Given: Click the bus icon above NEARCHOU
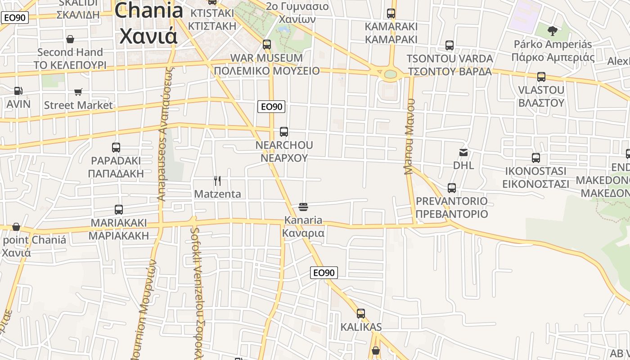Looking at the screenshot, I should tap(283, 132).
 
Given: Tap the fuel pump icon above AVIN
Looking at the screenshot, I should tap(18, 91).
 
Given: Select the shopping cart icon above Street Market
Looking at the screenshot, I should tap(78, 92).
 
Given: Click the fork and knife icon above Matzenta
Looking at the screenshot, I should tap(217, 181).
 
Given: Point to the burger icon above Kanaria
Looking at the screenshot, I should tap(303, 207).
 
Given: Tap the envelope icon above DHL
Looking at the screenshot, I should tap(463, 152).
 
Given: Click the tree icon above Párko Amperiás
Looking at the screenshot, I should tap(552, 31).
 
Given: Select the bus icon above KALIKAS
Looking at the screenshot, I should tap(361, 314).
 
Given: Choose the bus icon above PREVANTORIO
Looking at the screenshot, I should tap(452, 188).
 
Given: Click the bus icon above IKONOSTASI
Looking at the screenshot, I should tap(535, 158).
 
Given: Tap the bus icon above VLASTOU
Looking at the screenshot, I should tap(541, 77).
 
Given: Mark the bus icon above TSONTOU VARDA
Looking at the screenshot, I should tap(449, 45).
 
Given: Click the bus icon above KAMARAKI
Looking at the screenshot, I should tap(391, 13).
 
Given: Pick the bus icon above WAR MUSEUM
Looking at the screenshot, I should tap(267, 45).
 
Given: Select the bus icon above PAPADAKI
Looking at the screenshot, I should tap(116, 147).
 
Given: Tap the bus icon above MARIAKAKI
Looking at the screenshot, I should tap(119, 209).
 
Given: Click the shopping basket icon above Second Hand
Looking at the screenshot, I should tap(70, 39).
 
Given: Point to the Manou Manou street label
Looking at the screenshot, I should tap(409, 136).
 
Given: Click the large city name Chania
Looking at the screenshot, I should tap(149, 11).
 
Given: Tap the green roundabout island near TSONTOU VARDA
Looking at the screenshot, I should tap(391, 74).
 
